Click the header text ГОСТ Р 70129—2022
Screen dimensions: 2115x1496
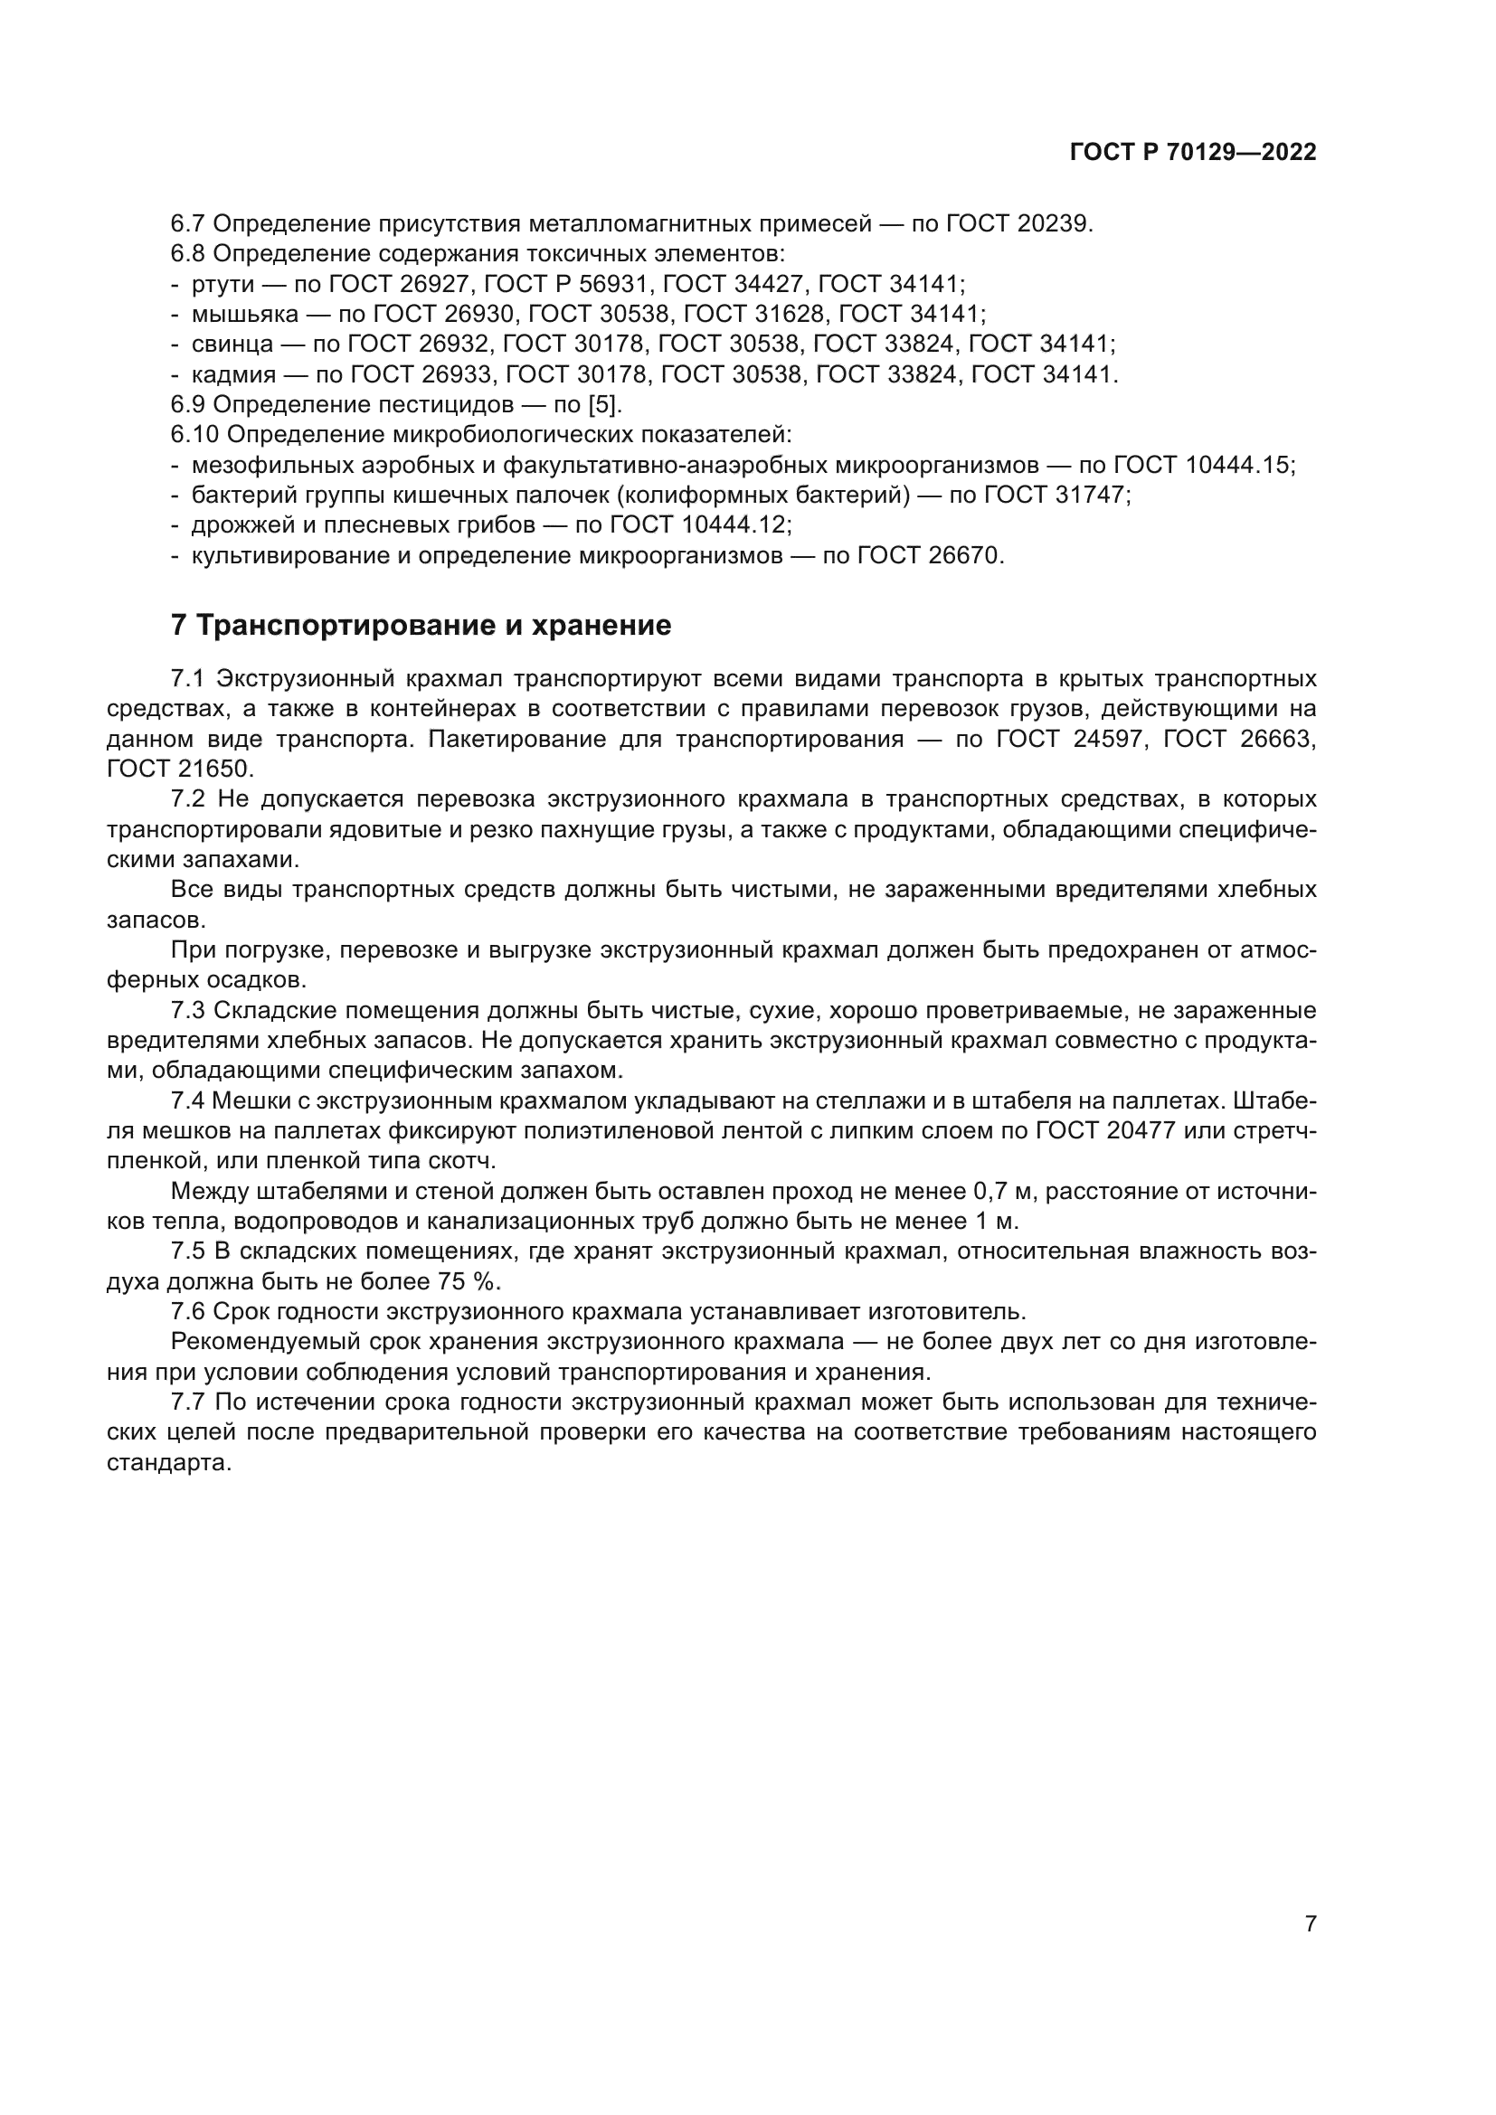point(1193,153)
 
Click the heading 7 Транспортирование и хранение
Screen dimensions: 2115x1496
point(421,626)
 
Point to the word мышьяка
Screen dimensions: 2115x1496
point(245,314)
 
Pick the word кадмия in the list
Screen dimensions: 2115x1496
point(233,375)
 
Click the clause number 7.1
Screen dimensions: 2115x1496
point(187,679)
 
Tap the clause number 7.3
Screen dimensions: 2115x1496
point(187,1011)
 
